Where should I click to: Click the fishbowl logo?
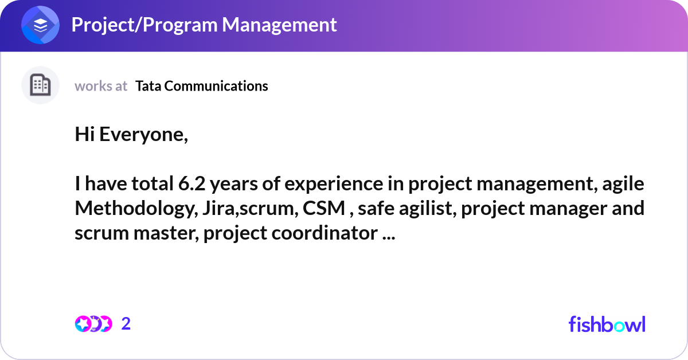(607, 324)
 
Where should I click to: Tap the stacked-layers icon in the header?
(40, 25)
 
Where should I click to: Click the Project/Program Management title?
(204, 25)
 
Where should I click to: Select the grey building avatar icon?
(40, 85)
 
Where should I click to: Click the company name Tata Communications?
(201, 86)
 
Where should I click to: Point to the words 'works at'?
(101, 86)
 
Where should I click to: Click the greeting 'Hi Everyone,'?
(131, 135)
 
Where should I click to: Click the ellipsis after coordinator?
(388, 234)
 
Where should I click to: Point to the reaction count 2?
(126, 324)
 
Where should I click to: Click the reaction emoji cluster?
(93, 324)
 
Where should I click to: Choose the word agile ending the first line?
(624, 185)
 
